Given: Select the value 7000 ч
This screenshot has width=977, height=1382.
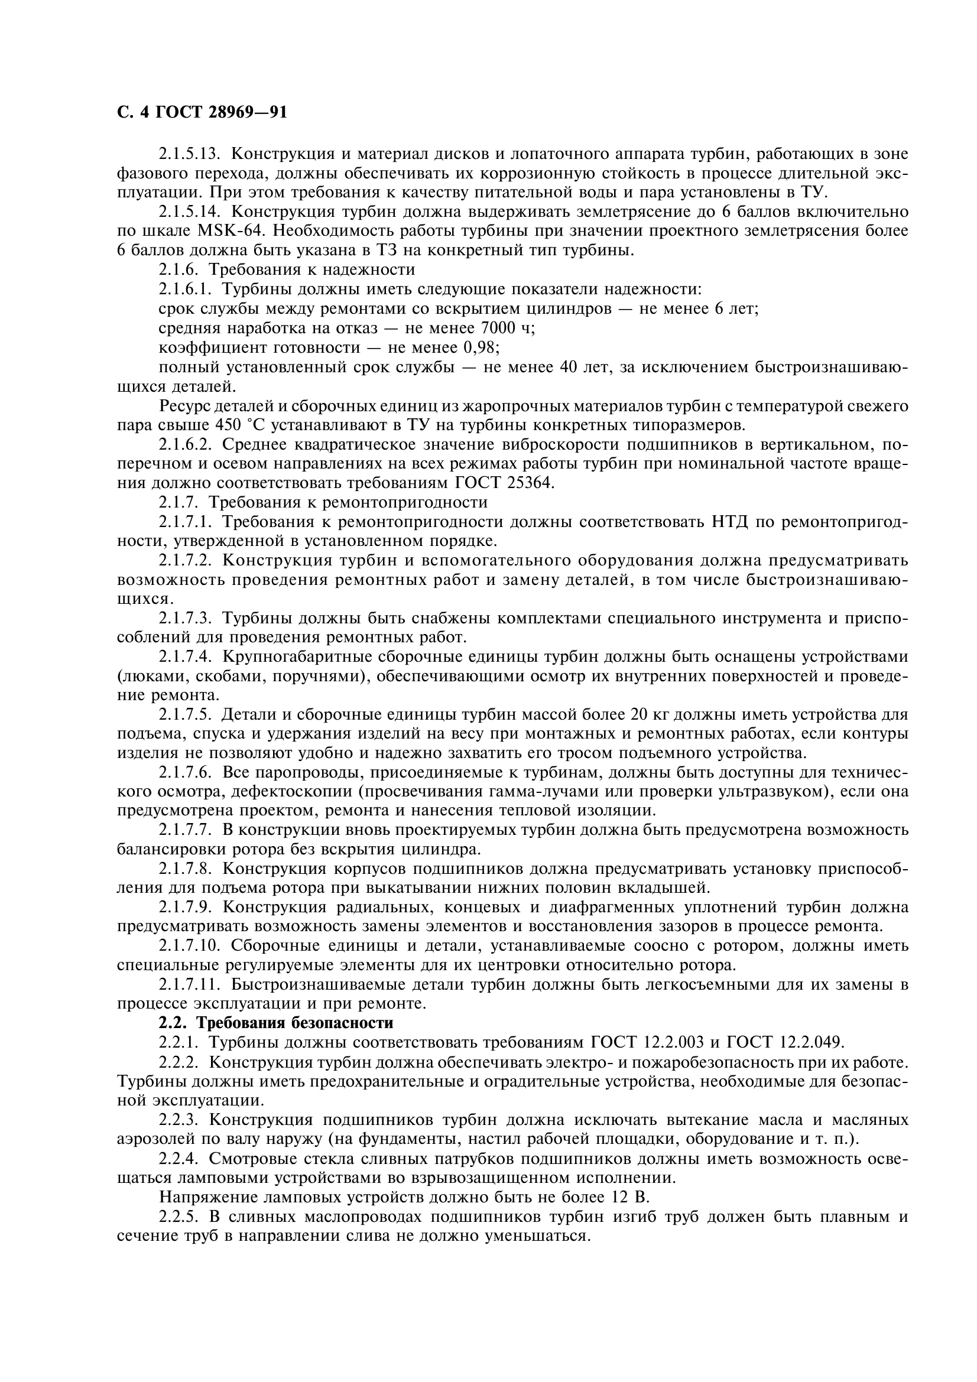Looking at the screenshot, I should pyautogui.click(x=508, y=328).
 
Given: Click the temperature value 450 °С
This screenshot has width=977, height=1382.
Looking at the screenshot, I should pyautogui.click(x=240, y=425).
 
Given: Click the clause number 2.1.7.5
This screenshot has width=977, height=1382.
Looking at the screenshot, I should pyautogui.click(x=183, y=714).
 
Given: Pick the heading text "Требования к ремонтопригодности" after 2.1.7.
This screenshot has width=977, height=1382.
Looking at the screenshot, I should pyautogui.click(x=355, y=502).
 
